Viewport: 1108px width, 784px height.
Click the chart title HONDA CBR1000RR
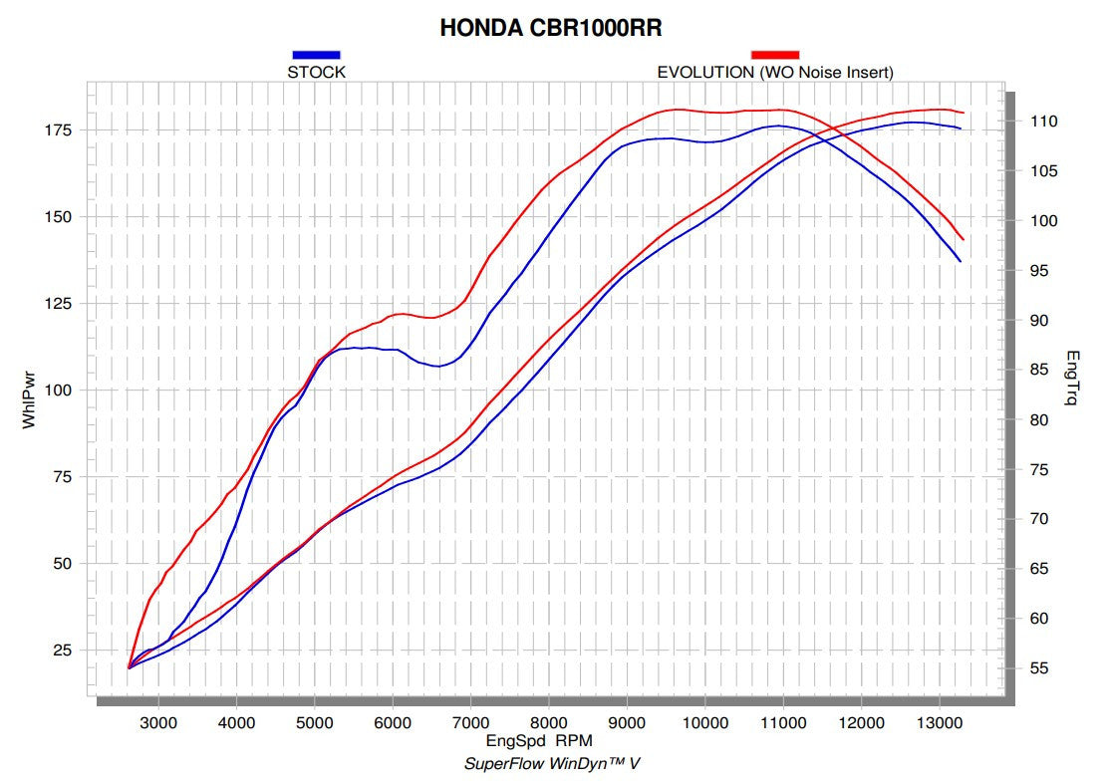coord(551,28)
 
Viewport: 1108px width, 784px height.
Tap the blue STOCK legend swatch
coord(316,54)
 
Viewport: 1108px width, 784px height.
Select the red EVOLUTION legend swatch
coord(774,54)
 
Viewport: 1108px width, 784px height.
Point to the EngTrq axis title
coord(1073,378)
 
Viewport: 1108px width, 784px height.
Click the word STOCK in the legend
coord(316,72)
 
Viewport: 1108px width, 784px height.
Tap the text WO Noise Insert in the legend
coord(826,72)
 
